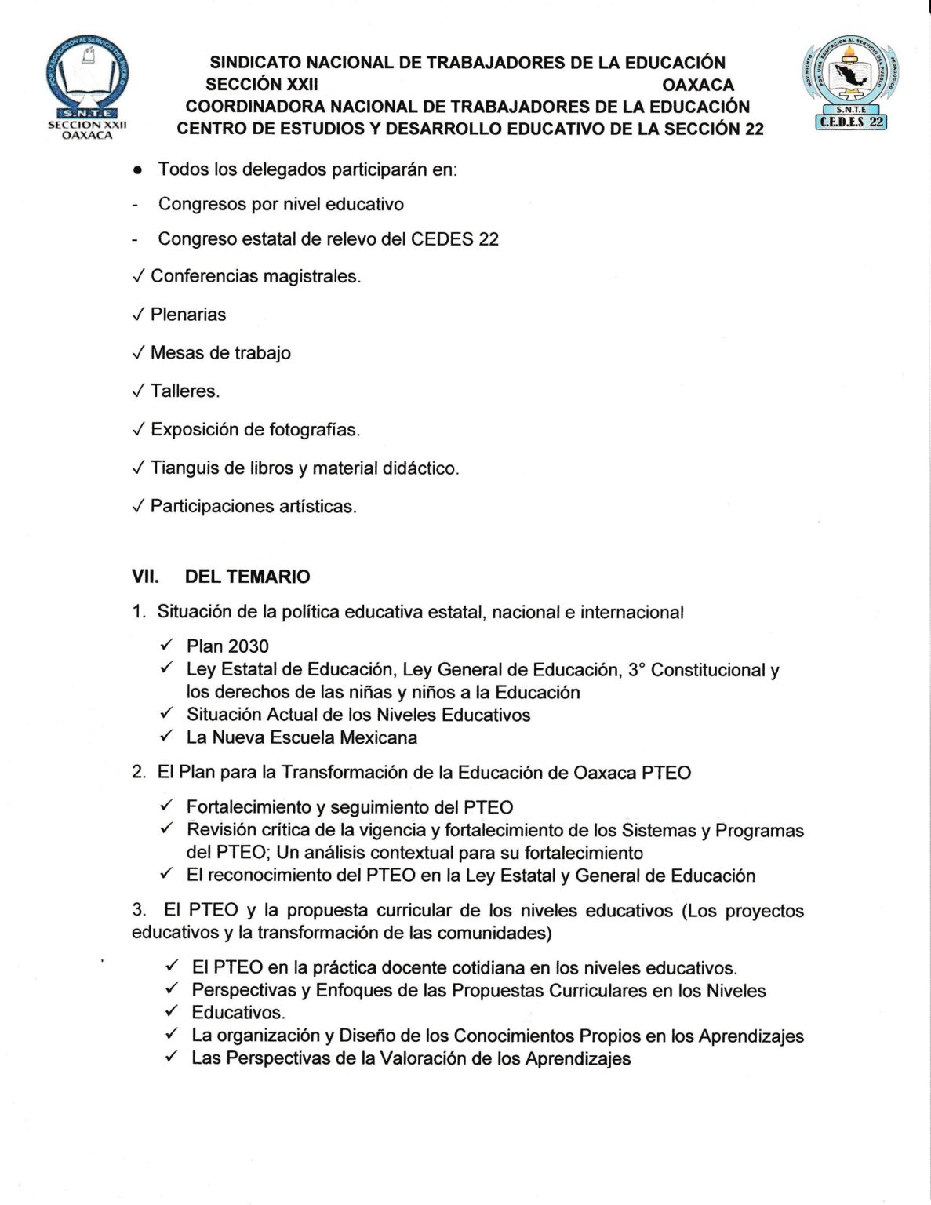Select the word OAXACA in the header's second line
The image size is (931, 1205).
pyautogui.click(x=698, y=85)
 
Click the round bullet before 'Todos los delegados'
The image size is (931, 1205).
pyautogui.click(x=137, y=170)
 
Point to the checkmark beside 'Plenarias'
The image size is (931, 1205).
pyautogui.click(x=138, y=315)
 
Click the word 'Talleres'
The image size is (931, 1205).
pyautogui.click(x=184, y=391)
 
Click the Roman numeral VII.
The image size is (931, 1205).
pyautogui.click(x=145, y=577)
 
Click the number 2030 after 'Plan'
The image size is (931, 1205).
pyautogui.click(x=248, y=646)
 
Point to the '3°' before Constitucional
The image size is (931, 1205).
pyautogui.click(x=636, y=670)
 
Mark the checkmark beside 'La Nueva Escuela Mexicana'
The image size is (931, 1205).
pyautogui.click(x=166, y=736)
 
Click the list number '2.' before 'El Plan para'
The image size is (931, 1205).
pyautogui.click(x=139, y=773)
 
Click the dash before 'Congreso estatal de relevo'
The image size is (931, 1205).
pyautogui.click(x=136, y=239)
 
